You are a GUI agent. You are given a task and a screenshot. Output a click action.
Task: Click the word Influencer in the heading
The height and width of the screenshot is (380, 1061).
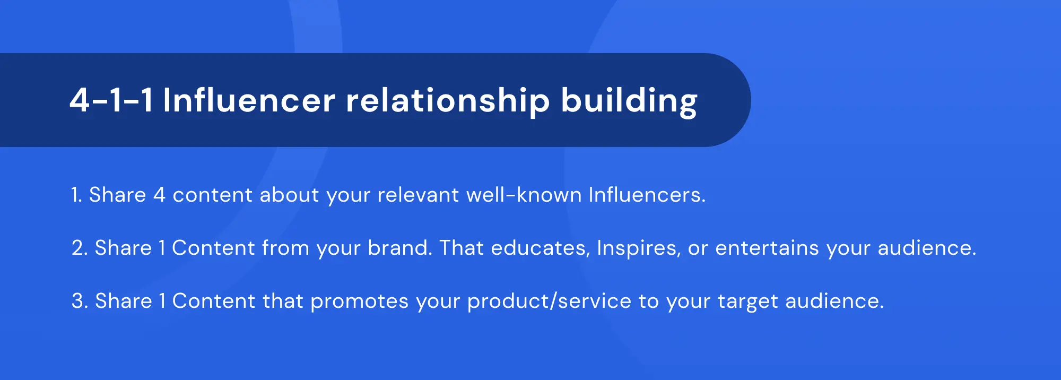[x=249, y=100]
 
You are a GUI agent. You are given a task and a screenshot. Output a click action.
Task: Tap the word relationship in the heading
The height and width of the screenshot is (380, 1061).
[x=447, y=100]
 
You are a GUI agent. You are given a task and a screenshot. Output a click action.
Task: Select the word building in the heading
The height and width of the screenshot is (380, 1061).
[x=629, y=100]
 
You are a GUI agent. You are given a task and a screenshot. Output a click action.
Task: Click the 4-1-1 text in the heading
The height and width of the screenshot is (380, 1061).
[x=111, y=100]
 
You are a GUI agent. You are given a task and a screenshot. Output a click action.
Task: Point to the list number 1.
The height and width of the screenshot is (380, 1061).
[x=76, y=195]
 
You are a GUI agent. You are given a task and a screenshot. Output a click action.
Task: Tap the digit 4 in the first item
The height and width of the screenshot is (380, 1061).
[x=159, y=195]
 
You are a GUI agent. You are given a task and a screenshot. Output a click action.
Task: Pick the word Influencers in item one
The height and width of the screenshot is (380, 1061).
[x=646, y=195]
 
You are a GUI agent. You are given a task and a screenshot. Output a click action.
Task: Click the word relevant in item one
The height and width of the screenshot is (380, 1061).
[x=418, y=195]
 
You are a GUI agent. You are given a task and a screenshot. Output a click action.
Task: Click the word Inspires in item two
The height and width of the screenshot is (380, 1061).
[x=638, y=248]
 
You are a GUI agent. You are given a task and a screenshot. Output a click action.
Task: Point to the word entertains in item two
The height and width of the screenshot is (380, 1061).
[x=767, y=248]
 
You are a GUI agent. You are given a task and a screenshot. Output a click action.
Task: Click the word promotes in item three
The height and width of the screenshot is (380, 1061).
[x=359, y=301]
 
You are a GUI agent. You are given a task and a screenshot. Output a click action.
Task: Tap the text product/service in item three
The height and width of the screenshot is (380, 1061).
[x=549, y=301]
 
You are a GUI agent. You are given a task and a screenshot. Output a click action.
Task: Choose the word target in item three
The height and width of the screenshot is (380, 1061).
[x=747, y=301]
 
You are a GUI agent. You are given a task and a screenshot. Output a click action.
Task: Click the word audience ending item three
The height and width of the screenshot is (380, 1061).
[x=833, y=301]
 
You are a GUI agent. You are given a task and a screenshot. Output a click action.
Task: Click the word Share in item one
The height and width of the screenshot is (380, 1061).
[x=117, y=195]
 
